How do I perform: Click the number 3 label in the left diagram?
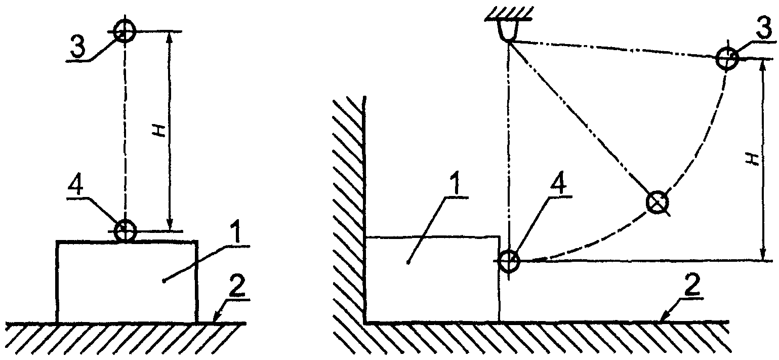coord(78,47)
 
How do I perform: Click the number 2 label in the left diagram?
coord(237,286)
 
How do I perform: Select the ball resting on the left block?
coord(125,230)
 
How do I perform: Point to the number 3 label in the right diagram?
coord(764,28)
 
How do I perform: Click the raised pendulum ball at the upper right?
coord(727,59)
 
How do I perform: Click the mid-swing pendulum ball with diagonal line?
coord(657,202)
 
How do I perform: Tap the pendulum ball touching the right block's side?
coord(508,260)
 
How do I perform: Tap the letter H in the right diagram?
coord(753,159)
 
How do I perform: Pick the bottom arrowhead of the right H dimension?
coord(763,253)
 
